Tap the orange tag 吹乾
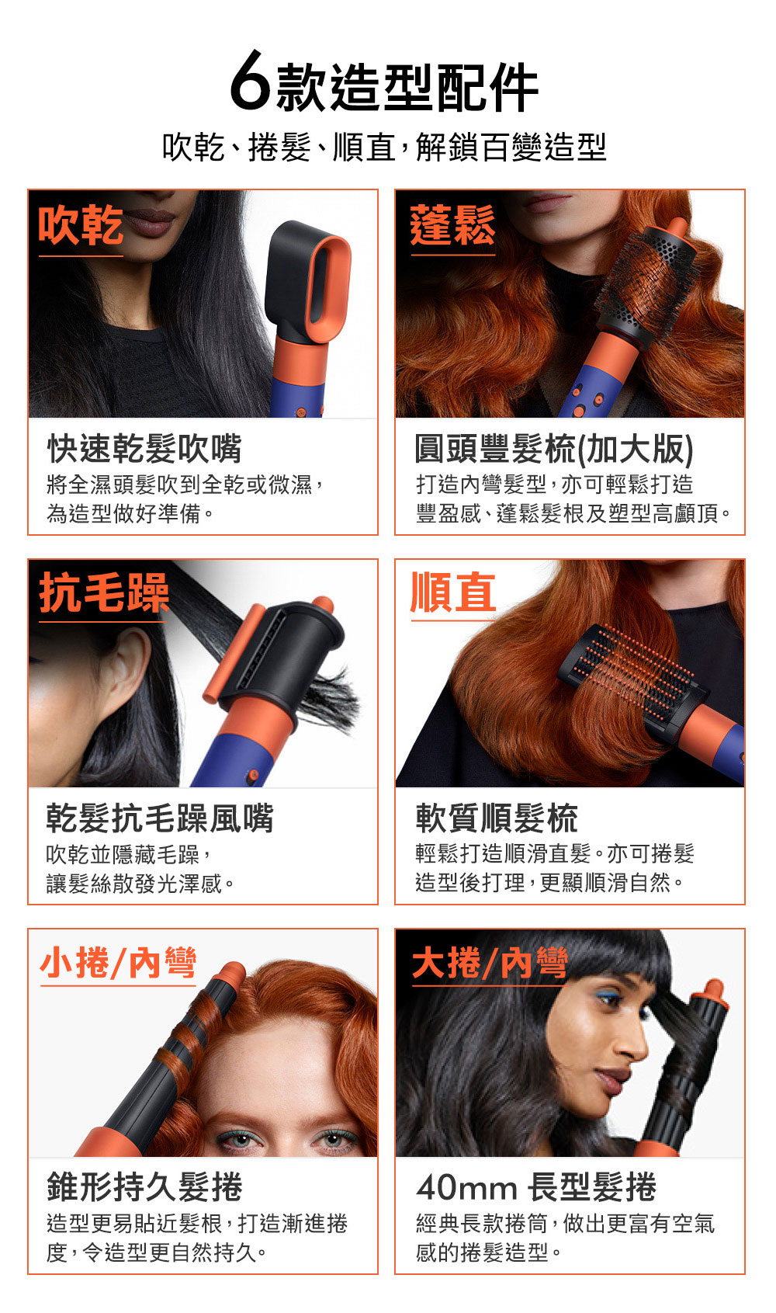click(x=81, y=225)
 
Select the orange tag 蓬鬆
click(x=452, y=225)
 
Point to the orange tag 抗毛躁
click(x=104, y=593)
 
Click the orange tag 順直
click(x=453, y=592)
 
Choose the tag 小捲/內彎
click(x=118, y=963)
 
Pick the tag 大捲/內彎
click(x=490, y=963)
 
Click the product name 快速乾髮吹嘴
click(x=144, y=449)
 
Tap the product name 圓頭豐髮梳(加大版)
click(x=554, y=449)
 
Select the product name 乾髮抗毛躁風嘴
click(x=160, y=818)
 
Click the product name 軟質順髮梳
click(x=497, y=818)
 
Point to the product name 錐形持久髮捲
click(x=144, y=1187)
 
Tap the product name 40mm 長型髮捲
click(x=536, y=1187)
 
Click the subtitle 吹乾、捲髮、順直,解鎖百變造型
click(x=384, y=147)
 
